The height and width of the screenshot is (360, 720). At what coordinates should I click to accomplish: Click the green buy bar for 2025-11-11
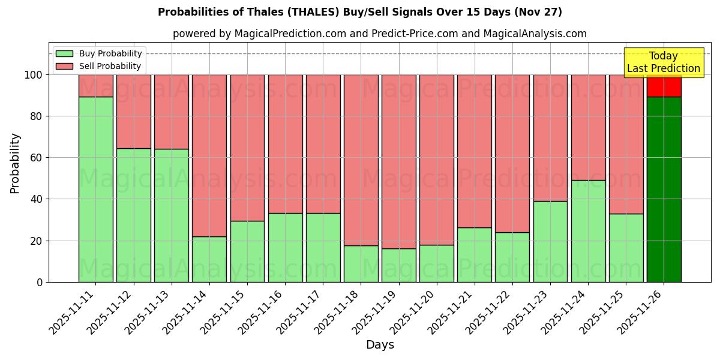96,189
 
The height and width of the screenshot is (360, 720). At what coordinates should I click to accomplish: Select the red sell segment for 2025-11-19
399,161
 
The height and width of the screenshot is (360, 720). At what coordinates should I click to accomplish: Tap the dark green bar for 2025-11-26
664,189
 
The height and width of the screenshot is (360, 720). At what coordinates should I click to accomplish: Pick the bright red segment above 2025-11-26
664,87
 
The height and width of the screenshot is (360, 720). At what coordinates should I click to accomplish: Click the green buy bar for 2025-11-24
589,231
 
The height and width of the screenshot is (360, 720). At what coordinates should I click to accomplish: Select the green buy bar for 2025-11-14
209,259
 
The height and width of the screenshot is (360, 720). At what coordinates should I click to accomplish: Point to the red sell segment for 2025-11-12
134,112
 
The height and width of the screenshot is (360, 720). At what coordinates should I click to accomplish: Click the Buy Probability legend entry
110,53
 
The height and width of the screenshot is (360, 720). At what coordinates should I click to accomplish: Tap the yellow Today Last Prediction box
664,62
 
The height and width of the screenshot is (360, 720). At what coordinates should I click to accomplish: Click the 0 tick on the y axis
40,282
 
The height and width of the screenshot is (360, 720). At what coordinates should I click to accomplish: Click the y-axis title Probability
15,163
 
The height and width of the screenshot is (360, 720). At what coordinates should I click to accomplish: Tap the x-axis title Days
380,345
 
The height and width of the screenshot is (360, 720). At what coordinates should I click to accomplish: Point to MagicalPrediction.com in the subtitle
290,34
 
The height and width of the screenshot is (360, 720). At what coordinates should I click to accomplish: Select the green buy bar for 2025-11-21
475,254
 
